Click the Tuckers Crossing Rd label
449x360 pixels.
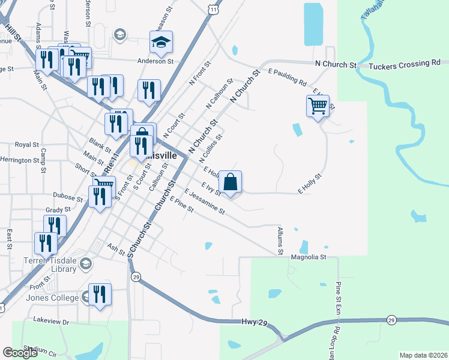tap(405, 62)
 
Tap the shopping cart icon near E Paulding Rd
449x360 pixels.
tap(318, 106)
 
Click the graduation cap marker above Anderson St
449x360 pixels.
tap(161, 42)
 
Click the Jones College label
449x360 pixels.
tap(52, 298)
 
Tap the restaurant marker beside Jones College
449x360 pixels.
tap(100, 294)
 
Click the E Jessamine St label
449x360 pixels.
tap(205, 203)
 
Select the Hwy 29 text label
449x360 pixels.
tap(255, 322)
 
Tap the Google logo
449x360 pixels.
tap(20, 353)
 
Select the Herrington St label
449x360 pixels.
tap(24, 160)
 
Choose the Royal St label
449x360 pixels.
tap(26, 145)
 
